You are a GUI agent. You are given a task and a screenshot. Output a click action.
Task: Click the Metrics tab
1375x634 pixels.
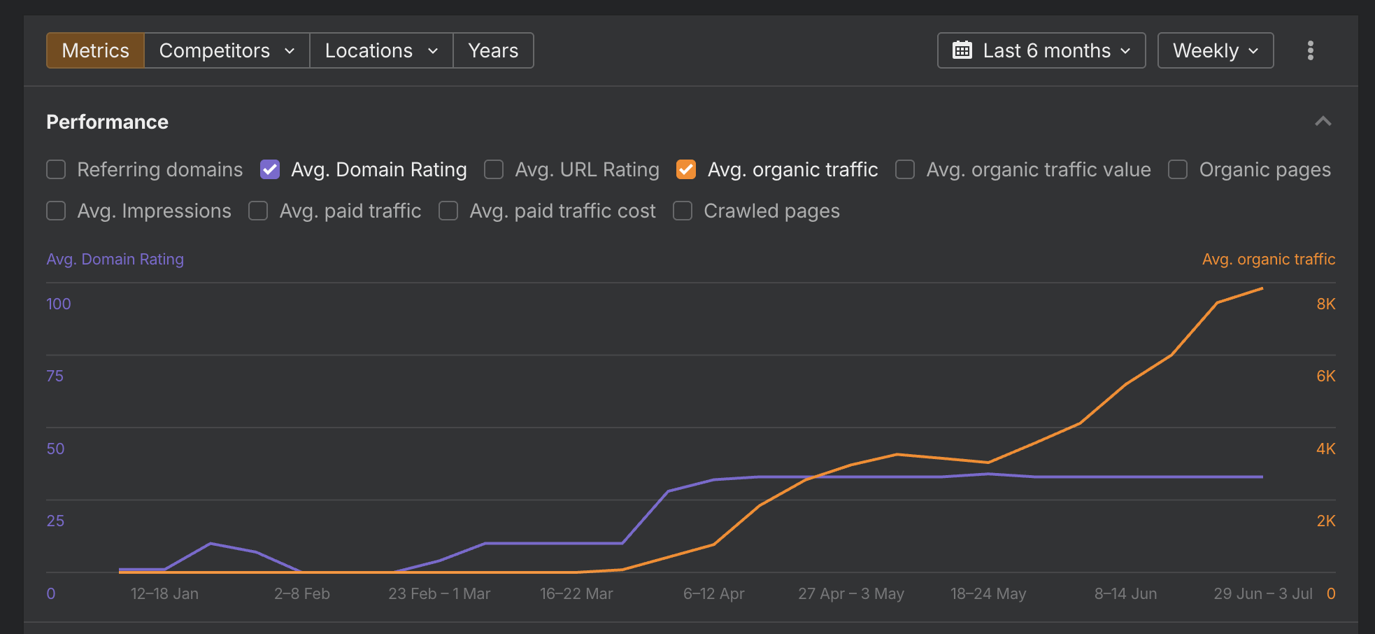95,50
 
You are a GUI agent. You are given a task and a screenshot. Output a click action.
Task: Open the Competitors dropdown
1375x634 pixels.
227,50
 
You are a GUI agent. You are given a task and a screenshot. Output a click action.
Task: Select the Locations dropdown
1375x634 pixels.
381,50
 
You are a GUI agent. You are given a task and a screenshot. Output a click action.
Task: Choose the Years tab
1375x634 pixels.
493,50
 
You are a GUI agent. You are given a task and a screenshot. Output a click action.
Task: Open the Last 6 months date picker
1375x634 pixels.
1041,50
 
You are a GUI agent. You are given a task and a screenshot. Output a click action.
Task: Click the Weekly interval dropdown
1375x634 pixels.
1216,50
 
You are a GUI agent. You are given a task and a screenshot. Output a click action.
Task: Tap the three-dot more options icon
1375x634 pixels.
1311,50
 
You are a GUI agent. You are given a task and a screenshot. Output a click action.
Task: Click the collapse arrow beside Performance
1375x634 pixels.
1323,122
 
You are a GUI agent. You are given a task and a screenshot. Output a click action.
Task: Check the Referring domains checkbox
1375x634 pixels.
56,169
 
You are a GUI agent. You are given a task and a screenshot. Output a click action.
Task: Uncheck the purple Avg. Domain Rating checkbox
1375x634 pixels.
270,169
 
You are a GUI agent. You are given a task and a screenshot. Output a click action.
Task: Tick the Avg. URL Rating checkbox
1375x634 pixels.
494,169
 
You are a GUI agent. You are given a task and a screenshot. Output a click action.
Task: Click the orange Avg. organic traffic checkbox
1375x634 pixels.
686,169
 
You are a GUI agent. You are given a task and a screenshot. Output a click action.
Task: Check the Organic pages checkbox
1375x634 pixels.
1178,169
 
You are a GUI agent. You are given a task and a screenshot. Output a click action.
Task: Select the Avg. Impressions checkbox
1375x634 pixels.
56,211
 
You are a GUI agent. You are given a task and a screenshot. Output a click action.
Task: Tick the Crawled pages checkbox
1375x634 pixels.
683,211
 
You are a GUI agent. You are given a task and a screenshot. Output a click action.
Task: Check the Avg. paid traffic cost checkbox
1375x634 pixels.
448,211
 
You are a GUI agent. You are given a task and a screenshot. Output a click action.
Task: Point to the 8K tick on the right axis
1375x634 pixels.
1326,304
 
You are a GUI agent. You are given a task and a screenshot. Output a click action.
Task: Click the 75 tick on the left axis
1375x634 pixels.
55,376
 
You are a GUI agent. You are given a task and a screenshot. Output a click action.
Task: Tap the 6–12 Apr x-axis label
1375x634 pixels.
713,593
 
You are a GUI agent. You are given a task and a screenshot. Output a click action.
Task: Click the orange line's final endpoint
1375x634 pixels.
1262,288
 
